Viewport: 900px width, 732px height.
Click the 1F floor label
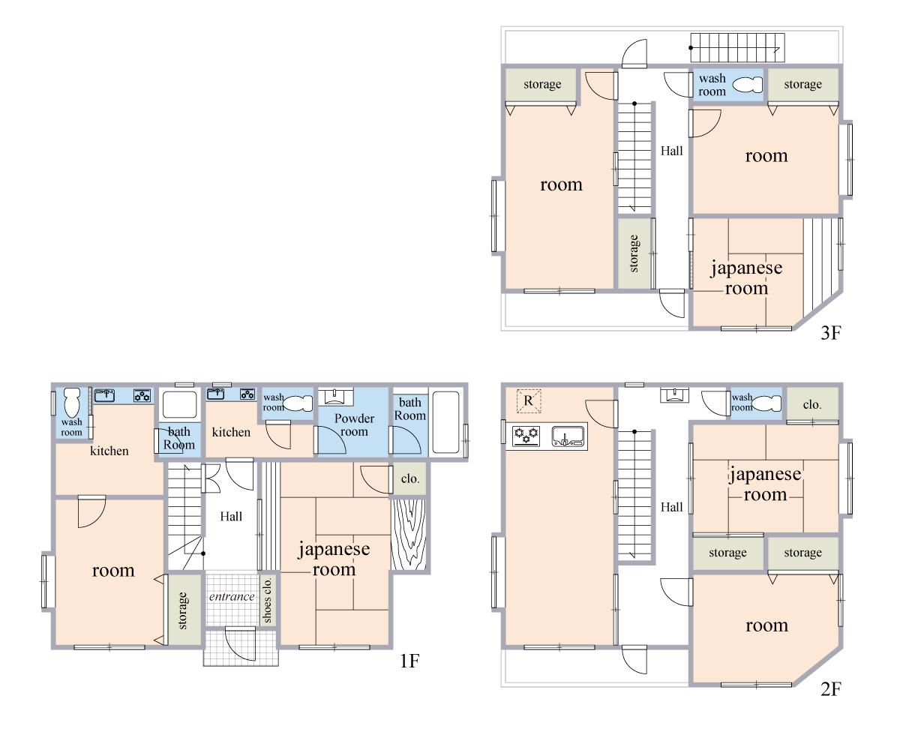(409, 661)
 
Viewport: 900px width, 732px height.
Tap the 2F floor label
(831, 689)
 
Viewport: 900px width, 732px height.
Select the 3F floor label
(831, 333)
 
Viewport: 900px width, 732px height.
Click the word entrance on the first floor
(232, 596)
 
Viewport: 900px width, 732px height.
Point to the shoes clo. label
(267, 600)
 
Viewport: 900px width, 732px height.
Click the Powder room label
(354, 425)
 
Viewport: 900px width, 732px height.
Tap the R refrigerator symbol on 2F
(529, 400)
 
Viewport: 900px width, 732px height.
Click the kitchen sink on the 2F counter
(568, 436)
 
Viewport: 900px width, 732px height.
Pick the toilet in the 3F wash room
(748, 85)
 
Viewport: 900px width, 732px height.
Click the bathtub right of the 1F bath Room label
(446, 422)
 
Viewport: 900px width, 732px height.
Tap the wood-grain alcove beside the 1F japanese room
(408, 534)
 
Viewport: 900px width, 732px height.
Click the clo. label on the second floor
(812, 405)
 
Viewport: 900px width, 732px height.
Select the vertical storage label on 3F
(634, 253)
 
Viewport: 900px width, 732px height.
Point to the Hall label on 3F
(671, 151)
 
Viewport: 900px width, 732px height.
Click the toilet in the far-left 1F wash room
(72, 403)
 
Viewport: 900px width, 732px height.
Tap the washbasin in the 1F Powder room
(335, 397)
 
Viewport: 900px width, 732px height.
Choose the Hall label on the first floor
(231, 516)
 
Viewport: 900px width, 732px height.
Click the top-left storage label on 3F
(542, 85)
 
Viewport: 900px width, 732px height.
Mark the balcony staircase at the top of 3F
(738, 47)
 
